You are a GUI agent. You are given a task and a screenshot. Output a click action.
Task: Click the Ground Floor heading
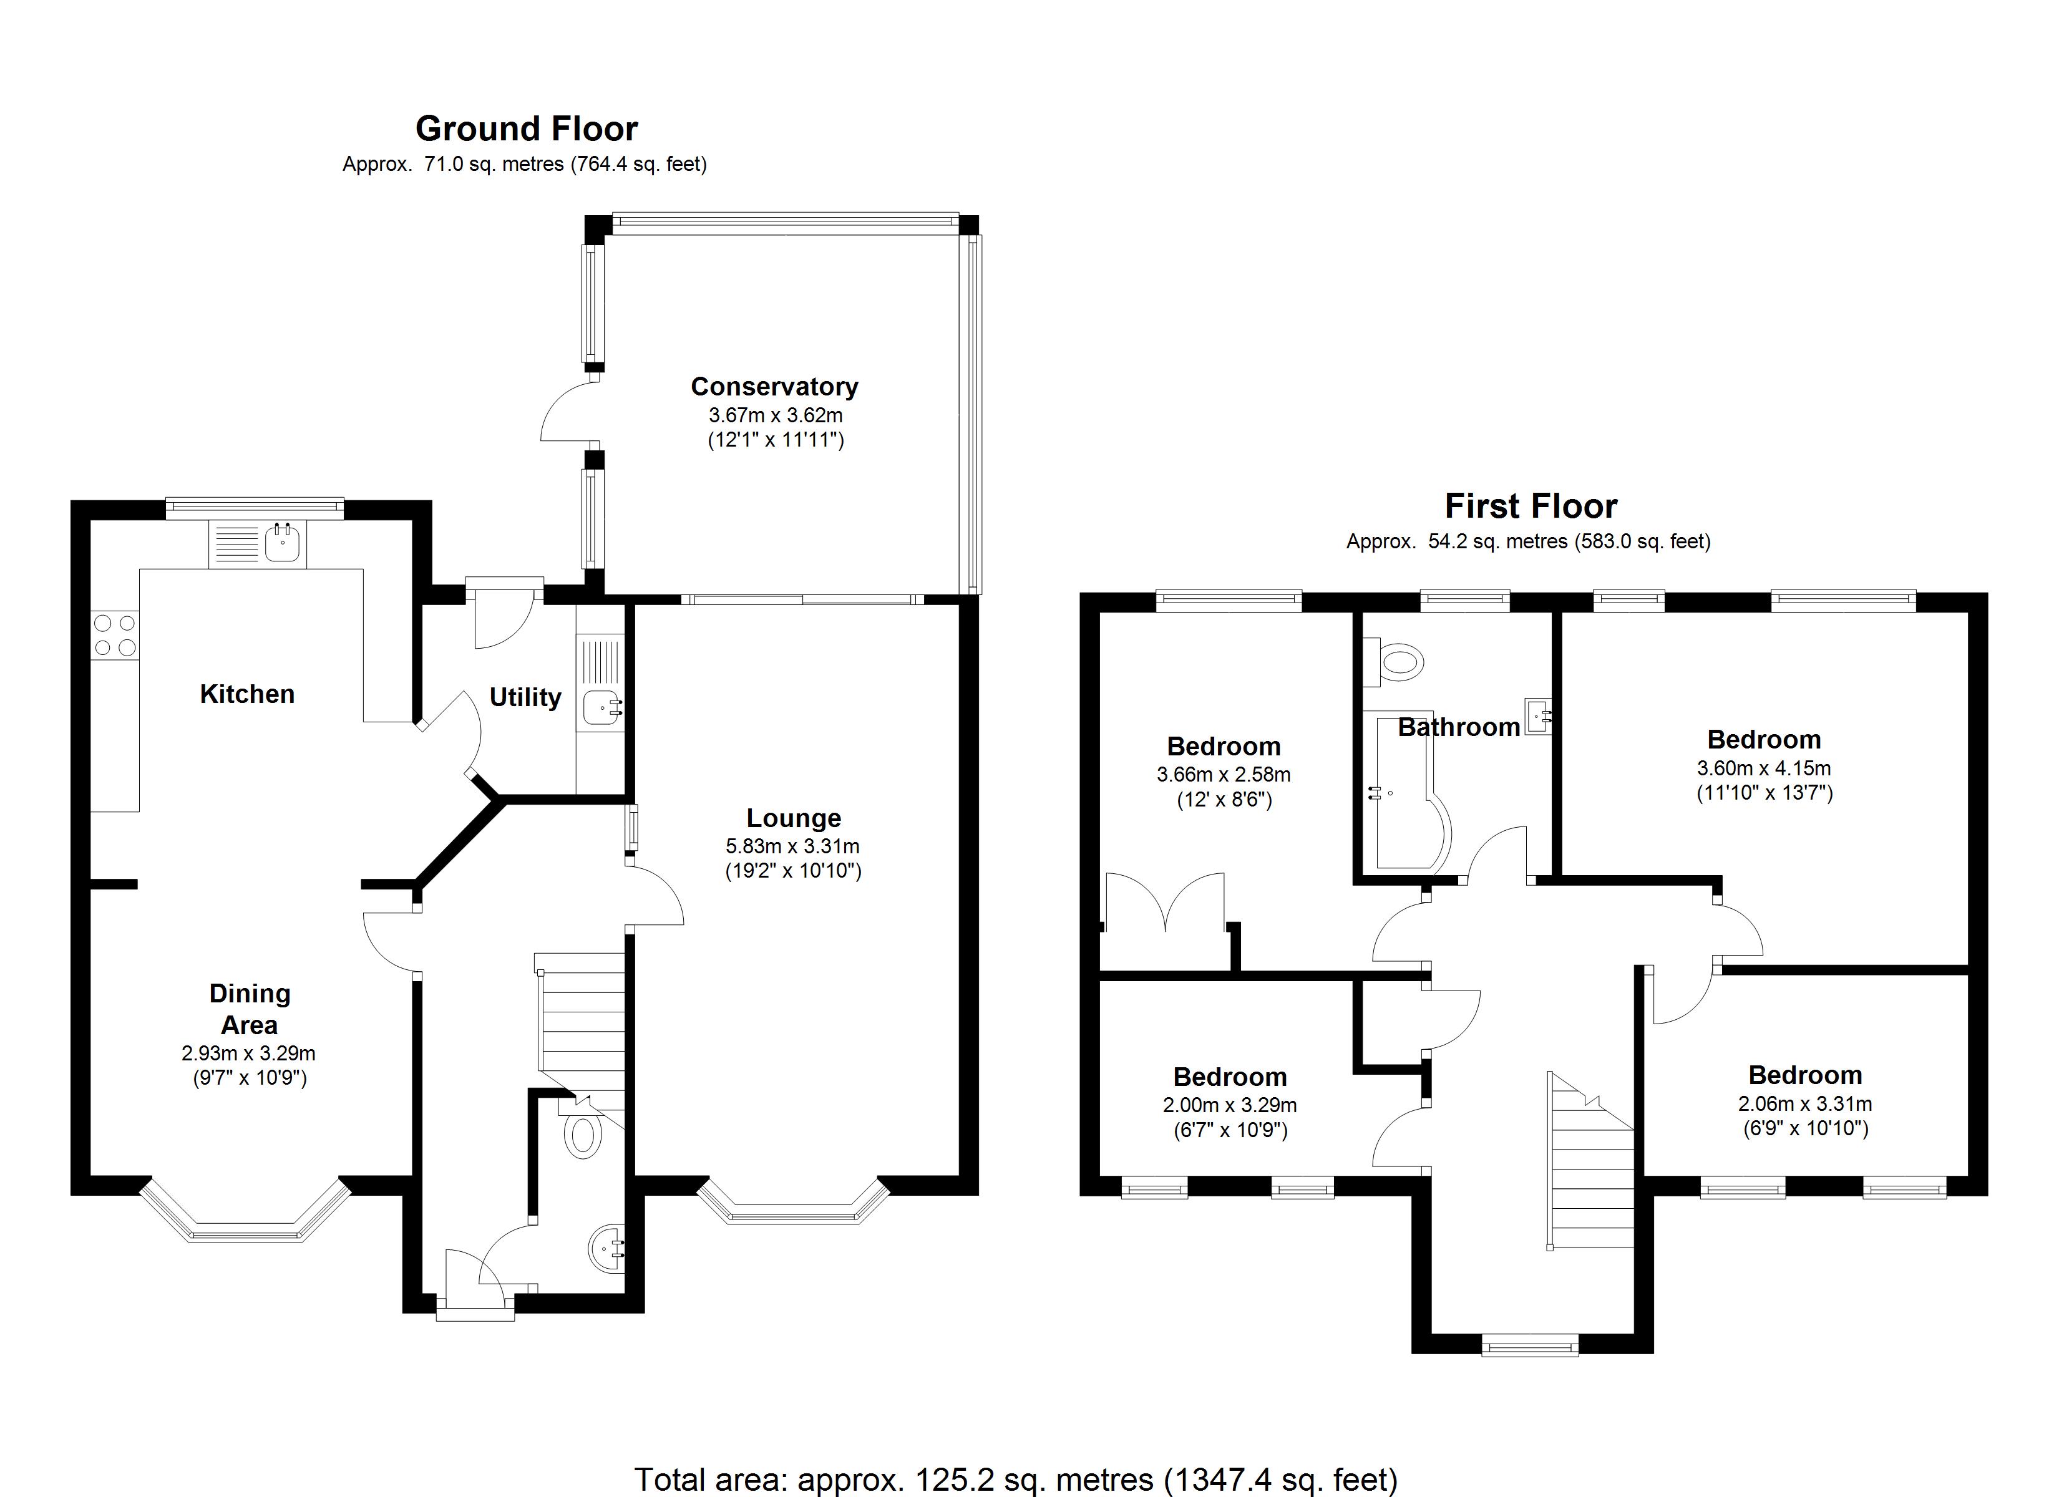click(527, 129)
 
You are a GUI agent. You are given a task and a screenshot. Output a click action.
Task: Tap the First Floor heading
click(1531, 506)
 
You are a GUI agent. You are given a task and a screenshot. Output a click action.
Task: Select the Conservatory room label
click(774, 387)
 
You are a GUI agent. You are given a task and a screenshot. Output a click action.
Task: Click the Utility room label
click(525, 697)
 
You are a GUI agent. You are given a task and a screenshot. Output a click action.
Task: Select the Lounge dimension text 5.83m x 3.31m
click(792, 846)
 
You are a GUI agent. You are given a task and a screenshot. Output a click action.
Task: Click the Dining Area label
click(250, 1009)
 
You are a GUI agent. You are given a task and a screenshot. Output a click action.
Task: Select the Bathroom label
click(1458, 727)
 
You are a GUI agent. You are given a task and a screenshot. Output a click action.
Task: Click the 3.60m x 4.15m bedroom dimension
click(1764, 768)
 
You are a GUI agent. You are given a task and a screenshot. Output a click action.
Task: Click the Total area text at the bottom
click(1015, 1479)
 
